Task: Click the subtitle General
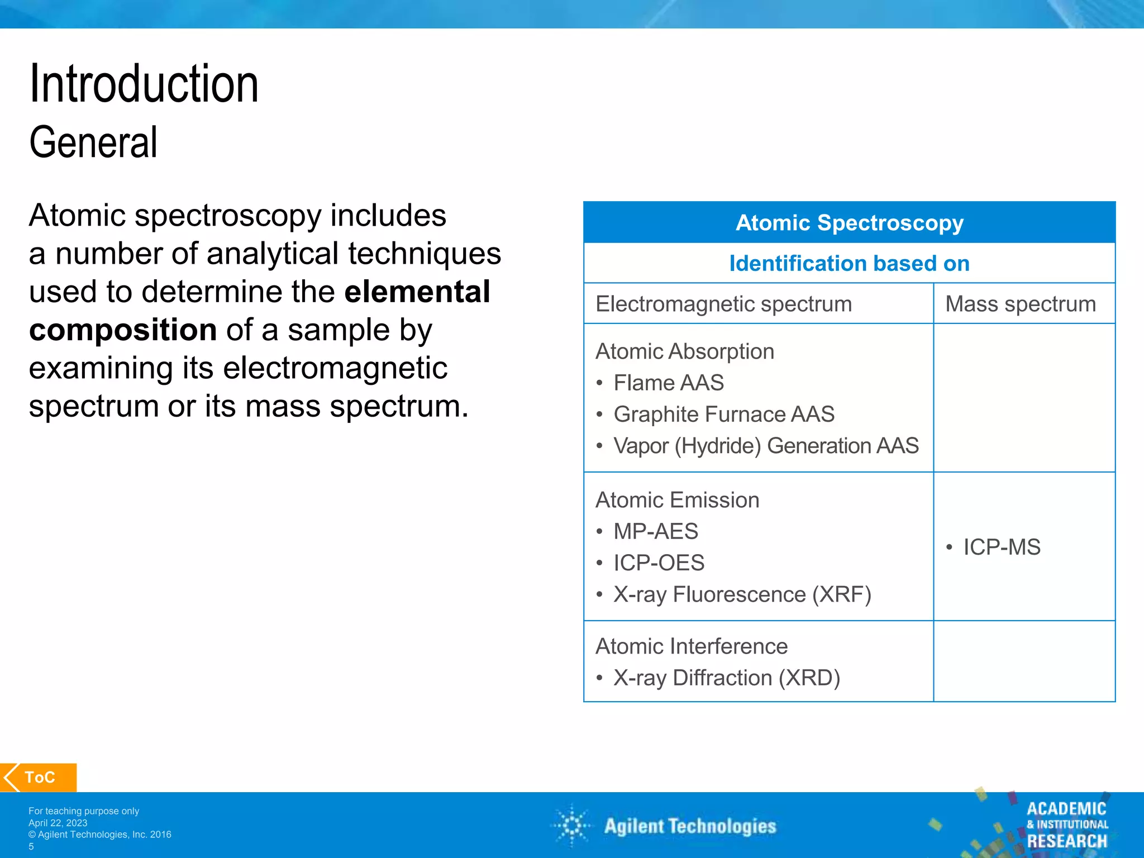point(93,142)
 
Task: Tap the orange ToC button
point(39,777)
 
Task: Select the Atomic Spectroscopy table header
point(849,222)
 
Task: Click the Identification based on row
point(849,263)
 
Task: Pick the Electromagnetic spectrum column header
point(723,304)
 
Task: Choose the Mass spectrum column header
point(1020,304)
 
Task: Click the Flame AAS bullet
point(668,383)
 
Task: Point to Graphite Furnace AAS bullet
point(723,414)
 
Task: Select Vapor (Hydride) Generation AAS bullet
point(765,446)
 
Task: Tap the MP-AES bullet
point(655,531)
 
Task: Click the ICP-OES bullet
point(659,563)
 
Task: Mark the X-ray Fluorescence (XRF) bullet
point(742,594)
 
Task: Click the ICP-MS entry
point(1002,547)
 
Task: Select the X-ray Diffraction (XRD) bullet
point(726,678)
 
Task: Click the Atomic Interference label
point(691,646)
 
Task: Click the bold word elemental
point(417,292)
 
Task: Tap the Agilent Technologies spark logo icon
point(572,826)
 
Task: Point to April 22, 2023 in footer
point(58,823)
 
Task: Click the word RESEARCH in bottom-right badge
point(1066,841)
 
